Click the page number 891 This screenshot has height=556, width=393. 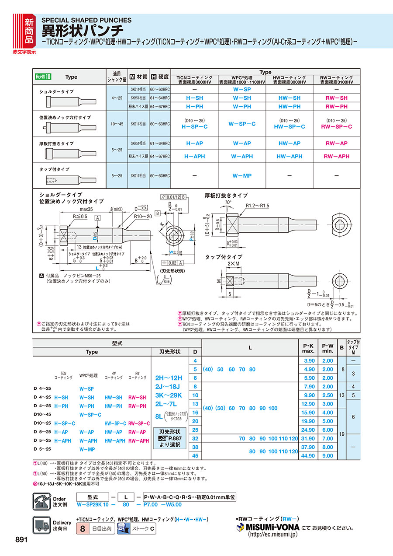[22, 540]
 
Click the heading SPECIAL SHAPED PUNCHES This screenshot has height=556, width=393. [86, 20]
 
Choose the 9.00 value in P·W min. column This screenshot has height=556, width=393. [327, 455]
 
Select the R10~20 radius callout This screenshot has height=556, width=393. [142, 216]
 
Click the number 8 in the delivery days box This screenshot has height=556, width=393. [82, 528]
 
